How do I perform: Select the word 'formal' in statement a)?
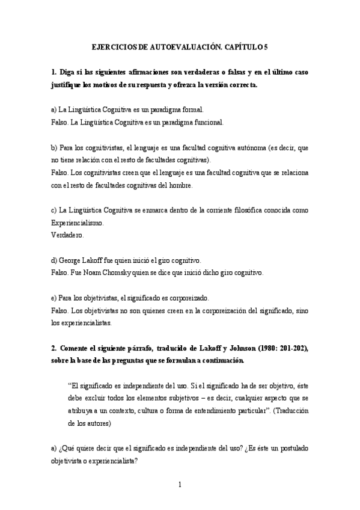(x=192, y=110)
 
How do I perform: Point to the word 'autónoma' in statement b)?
(x=255, y=148)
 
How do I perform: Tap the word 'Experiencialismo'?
(x=77, y=223)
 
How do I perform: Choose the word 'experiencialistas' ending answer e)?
(x=81, y=322)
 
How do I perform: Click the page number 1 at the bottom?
(x=180, y=485)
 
